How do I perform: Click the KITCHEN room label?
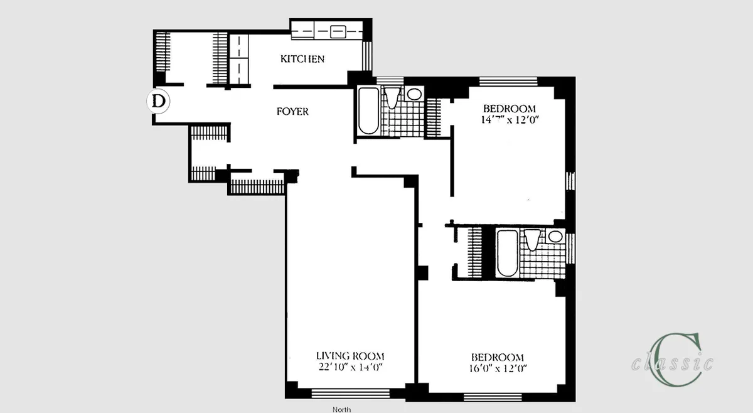pos(302,59)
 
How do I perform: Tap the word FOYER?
pos(292,112)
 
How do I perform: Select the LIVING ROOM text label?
pos(350,355)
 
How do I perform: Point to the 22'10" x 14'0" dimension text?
pos(350,367)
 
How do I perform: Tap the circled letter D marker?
pos(159,100)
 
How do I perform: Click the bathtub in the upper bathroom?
pos(367,111)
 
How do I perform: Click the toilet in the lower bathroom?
pos(532,240)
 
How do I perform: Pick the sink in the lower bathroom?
pos(553,237)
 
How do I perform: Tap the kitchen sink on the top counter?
pos(337,29)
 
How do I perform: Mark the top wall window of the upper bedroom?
pos(507,81)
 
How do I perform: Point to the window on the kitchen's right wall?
pos(369,56)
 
